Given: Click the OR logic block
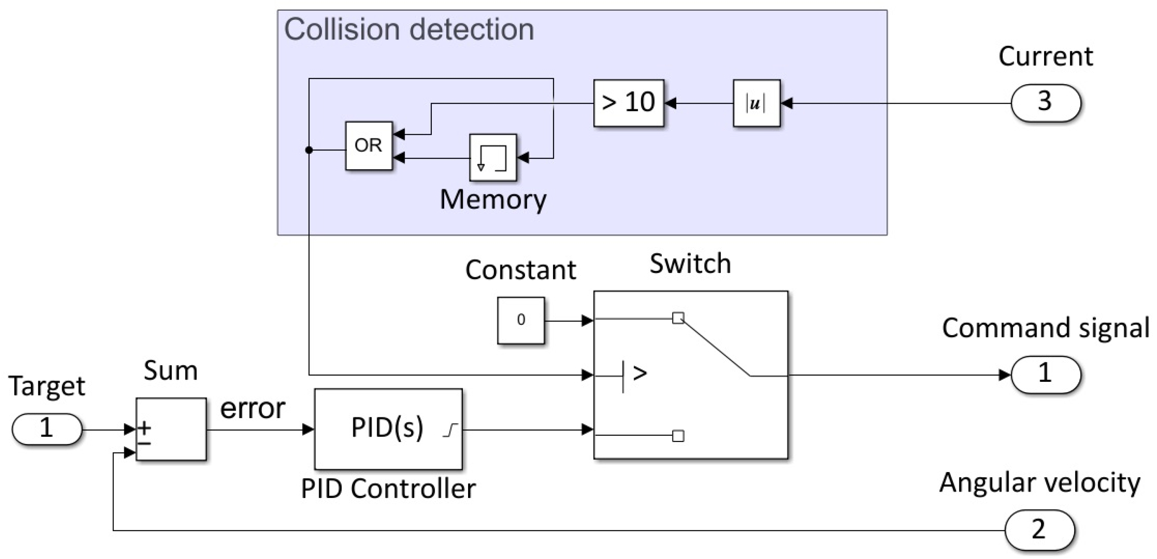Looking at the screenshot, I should pyautogui.click(x=369, y=146).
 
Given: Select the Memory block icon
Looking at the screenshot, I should pyautogui.click(x=493, y=158).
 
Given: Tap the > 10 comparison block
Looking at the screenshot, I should pyautogui.click(x=628, y=103).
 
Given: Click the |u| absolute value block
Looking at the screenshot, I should pyautogui.click(x=756, y=103).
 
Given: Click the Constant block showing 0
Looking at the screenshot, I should pyautogui.click(x=521, y=320).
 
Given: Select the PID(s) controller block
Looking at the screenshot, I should pyautogui.click(x=388, y=429).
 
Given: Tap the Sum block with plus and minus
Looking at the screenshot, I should pyautogui.click(x=171, y=429).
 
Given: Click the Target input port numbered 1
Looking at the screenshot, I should pyautogui.click(x=47, y=429).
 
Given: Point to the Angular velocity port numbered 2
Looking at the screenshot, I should pyautogui.click(x=1039, y=529).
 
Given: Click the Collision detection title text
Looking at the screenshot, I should pyautogui.click(x=409, y=30).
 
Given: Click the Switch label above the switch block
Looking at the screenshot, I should pyautogui.click(x=690, y=263).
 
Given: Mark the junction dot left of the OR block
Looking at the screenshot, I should pyautogui.click(x=309, y=150).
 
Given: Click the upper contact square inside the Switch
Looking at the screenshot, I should pyautogui.click(x=678, y=318).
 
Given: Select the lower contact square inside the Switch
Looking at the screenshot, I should pyautogui.click(x=678, y=436).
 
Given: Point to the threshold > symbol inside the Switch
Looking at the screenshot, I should pyautogui.click(x=639, y=373).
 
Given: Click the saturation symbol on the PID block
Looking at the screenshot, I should pyautogui.click(x=450, y=430).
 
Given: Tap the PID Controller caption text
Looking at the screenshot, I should pyautogui.click(x=388, y=488).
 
